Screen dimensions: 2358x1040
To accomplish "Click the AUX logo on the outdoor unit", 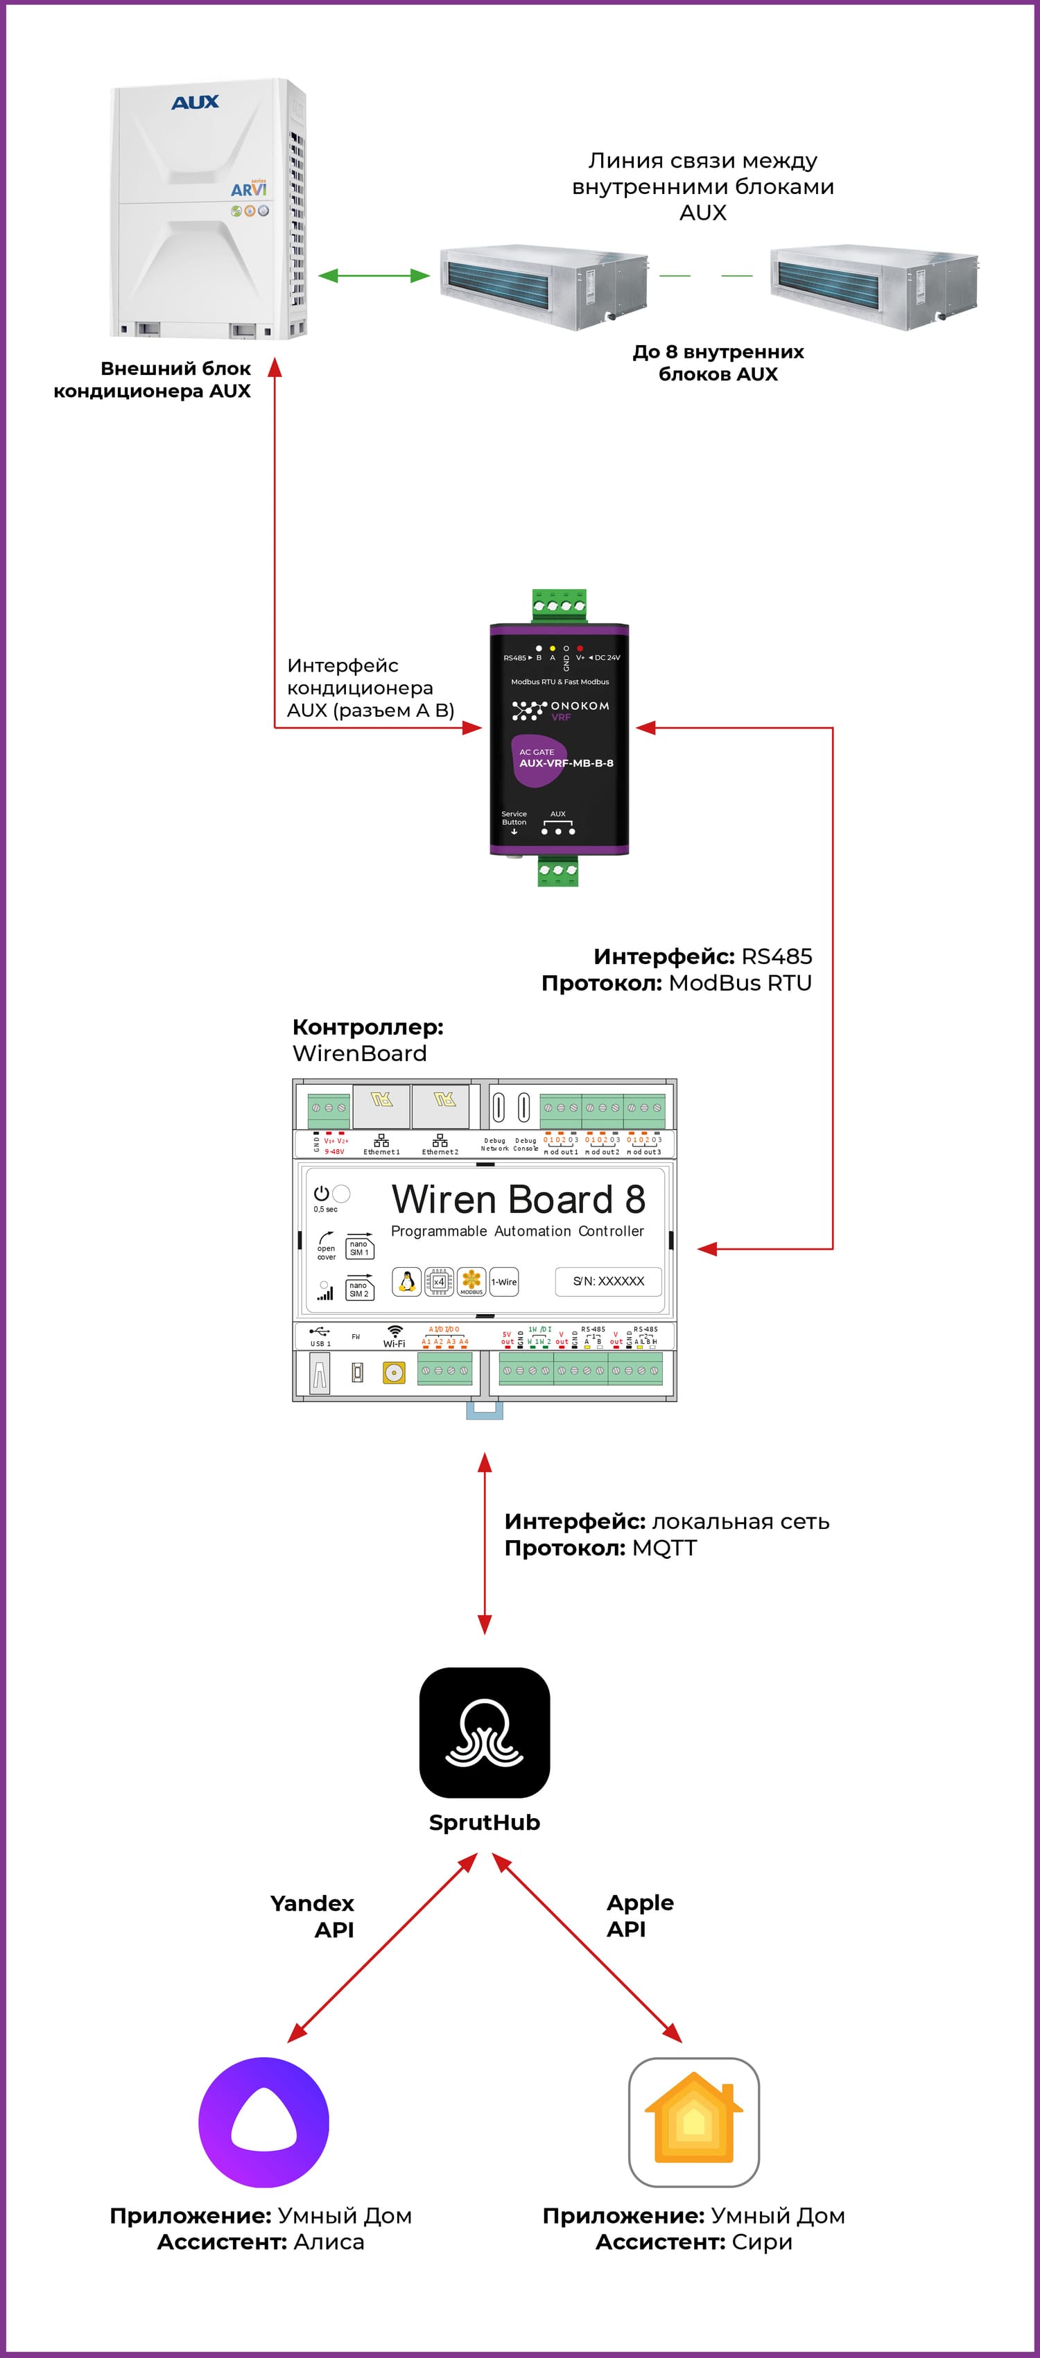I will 195,103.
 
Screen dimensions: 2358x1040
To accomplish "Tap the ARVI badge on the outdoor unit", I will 248,189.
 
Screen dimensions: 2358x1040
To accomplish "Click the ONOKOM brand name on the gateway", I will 580,706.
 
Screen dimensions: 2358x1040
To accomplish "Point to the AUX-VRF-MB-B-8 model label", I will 566,762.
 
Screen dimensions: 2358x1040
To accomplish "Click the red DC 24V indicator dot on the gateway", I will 580,648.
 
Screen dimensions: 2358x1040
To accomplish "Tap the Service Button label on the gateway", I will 514,817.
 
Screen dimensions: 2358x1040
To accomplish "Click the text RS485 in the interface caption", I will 777,957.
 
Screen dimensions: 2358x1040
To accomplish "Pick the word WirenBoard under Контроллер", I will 360,1054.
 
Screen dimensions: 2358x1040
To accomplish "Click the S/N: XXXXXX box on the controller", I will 609,1281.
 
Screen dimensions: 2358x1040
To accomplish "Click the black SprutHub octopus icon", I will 485,1732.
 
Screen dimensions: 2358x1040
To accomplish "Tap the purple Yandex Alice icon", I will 263,2122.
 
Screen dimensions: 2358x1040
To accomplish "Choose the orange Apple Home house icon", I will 694,2122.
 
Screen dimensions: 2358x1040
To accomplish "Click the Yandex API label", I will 312,1916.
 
